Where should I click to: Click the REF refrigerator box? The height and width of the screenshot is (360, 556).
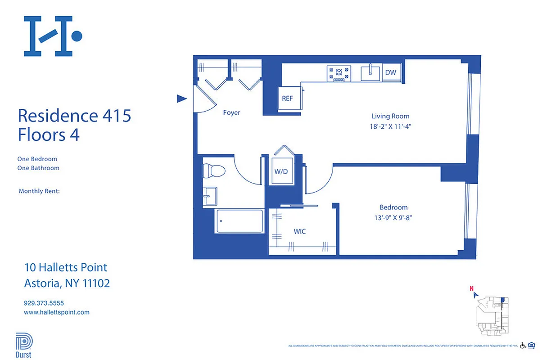point(287,99)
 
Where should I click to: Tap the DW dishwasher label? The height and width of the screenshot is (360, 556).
point(390,72)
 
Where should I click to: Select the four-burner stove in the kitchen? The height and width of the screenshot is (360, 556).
point(339,73)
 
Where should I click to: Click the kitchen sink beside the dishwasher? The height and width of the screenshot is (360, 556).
point(371,72)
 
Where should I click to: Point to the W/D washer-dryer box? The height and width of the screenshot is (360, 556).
point(281,171)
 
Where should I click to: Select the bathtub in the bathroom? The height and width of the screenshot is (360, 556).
point(240,221)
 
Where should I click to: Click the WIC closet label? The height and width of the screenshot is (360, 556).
point(300,231)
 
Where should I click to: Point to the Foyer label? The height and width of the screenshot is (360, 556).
point(232,112)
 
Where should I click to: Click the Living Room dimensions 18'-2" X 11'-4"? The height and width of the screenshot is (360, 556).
point(390,127)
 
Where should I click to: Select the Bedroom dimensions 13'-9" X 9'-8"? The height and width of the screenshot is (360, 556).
point(393,218)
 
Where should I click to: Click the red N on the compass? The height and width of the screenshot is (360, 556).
point(471,289)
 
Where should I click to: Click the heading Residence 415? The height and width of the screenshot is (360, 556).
point(74,116)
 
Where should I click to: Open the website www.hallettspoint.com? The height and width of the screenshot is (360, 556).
point(57,312)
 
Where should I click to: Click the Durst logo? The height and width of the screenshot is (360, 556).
point(24,345)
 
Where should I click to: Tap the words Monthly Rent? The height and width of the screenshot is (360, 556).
point(39,191)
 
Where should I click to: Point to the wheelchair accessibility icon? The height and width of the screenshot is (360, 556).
point(523,346)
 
